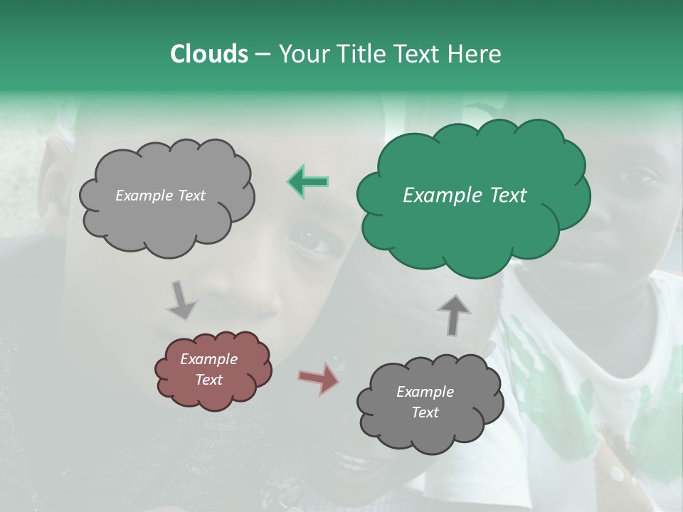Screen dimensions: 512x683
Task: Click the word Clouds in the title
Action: pos(208,54)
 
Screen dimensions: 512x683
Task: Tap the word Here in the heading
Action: pos(475,54)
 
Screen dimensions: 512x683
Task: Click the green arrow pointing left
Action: pos(308,182)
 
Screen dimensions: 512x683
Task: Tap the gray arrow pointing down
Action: pos(181,300)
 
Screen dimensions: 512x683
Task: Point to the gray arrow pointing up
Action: pos(454,314)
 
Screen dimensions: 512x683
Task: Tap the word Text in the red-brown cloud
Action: pos(208,380)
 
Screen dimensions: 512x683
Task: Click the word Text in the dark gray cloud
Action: pos(425,412)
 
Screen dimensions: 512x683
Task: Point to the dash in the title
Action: pos(263,55)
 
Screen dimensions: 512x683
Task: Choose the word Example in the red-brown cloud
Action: pos(208,359)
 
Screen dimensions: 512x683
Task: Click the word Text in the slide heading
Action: pos(419,54)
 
